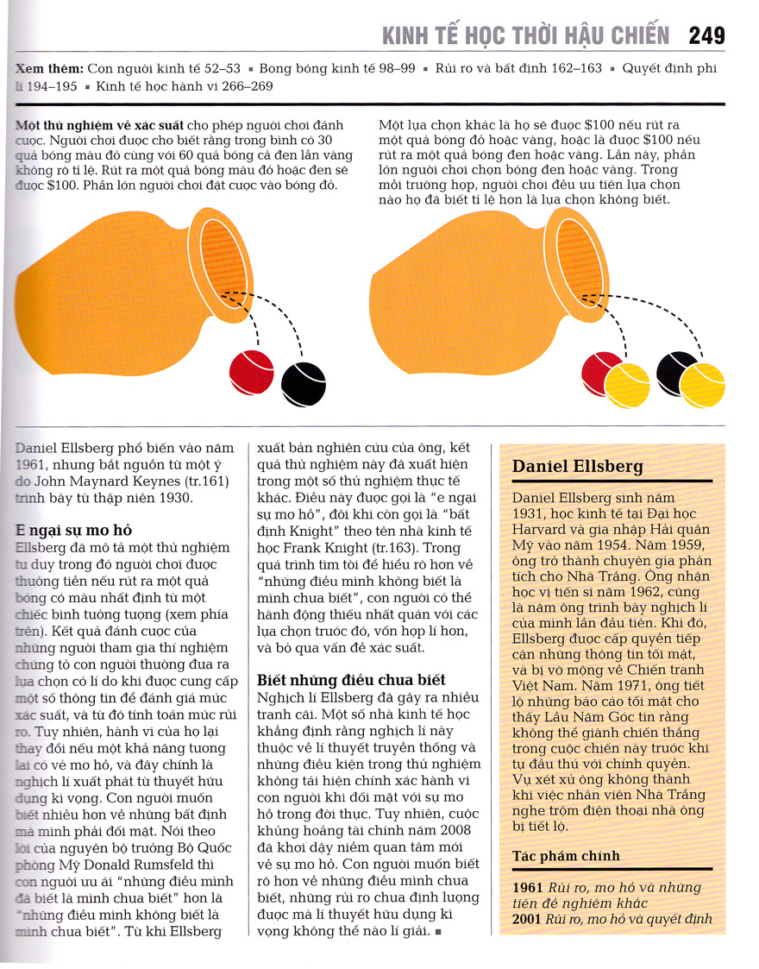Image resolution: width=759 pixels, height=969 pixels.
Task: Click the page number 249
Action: pos(706,36)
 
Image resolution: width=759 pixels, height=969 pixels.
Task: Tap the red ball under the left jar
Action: pos(251,371)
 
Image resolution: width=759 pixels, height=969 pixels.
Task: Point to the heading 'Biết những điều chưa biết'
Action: pos(351,680)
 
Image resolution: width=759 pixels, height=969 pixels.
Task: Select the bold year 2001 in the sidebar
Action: pos(527,918)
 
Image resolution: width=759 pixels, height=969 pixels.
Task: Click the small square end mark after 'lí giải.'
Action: pos(438,933)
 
